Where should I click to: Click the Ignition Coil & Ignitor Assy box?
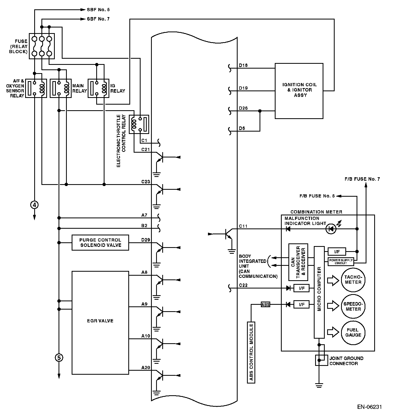299,91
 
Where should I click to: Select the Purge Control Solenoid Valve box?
100,243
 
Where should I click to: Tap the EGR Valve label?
100,321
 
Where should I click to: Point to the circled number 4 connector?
34,205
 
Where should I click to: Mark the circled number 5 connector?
59,357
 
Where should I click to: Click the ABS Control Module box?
251,353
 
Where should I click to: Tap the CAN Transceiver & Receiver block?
298,262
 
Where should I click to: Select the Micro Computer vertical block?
319,292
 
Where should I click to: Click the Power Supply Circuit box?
341,262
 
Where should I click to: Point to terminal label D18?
243,65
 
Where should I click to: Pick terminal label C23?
146,182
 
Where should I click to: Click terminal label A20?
146,368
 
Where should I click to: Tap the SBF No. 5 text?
98,10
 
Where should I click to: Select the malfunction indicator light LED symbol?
331,229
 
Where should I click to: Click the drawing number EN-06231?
369,407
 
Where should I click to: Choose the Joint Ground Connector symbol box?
322,360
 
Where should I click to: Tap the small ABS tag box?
265,305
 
